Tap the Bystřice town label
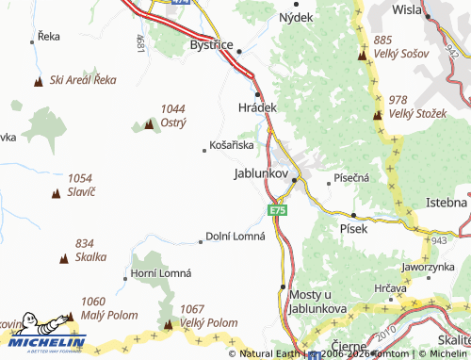210,44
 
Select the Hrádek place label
257,108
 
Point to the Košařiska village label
232,145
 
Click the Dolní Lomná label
236,236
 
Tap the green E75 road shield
277,211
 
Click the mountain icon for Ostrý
149,123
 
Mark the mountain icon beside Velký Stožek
377,115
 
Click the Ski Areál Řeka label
83,80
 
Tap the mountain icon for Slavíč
56,192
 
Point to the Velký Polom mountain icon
168,325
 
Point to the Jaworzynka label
428,267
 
